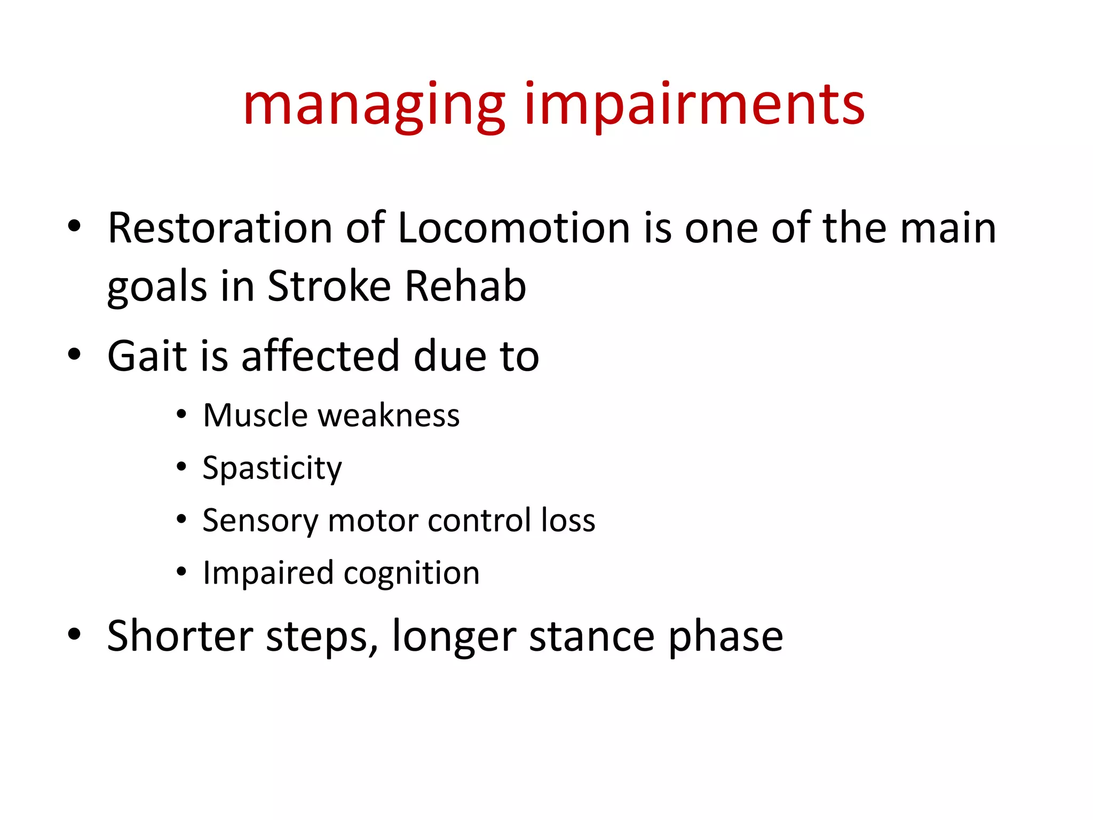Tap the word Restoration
(x=220, y=228)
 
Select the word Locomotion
(x=513, y=228)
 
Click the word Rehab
(x=465, y=286)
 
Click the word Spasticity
(x=272, y=468)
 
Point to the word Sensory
(x=259, y=521)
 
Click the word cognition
(x=411, y=573)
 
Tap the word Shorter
(x=180, y=636)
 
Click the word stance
(x=591, y=636)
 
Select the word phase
(x=725, y=636)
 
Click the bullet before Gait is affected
(x=74, y=354)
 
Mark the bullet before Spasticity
(x=181, y=467)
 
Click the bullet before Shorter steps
(x=74, y=634)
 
